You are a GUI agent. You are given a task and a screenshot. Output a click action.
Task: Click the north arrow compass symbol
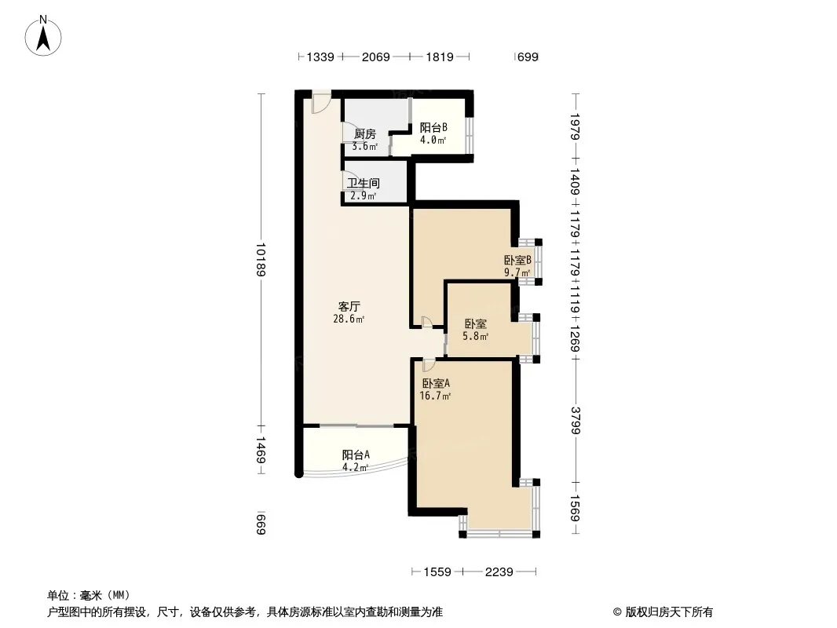tap(43, 36)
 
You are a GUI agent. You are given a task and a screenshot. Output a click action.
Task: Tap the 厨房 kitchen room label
tap(364, 134)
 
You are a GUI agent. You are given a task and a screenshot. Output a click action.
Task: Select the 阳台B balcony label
tap(433, 127)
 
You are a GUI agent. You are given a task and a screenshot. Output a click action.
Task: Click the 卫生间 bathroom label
tap(364, 183)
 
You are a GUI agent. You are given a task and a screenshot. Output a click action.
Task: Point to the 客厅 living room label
tap(349, 306)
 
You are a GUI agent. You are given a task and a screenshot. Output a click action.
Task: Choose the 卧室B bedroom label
tap(517, 260)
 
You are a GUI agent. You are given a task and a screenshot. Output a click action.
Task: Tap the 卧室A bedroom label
tap(436, 383)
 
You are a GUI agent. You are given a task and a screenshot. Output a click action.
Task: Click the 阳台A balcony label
tap(356, 455)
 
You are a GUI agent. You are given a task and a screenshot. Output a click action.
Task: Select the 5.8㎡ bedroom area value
tap(476, 336)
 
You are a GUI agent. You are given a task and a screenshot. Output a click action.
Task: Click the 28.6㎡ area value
tap(349, 319)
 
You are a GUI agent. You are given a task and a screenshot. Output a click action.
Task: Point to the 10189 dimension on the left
tap(261, 260)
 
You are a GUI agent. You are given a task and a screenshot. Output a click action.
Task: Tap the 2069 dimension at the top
tap(376, 57)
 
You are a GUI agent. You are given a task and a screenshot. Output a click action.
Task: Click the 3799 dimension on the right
tap(576, 420)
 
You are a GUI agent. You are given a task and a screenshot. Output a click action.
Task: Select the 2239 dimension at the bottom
tap(499, 572)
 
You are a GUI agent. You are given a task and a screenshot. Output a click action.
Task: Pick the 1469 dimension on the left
tap(261, 450)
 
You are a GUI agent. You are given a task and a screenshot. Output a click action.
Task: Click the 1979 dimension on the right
tap(576, 126)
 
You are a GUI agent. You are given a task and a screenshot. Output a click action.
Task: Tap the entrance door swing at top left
tap(321, 103)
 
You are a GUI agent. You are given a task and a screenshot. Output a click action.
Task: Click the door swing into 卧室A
tap(429, 365)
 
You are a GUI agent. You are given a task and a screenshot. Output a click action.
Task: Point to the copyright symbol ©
tap(617, 612)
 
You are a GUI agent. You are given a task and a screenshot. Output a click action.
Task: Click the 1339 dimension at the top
tap(320, 57)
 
